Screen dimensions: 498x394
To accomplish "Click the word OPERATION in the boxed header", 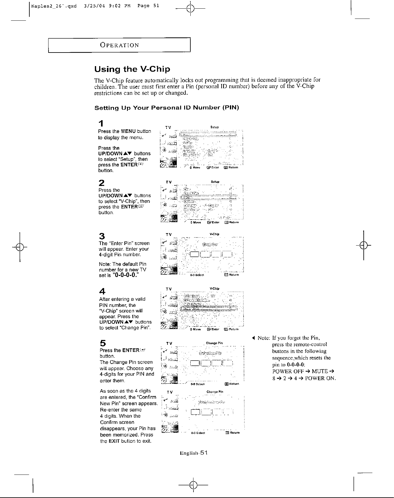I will (x=119, y=45).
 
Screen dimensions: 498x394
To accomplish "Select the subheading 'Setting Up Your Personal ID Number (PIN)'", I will (x=167, y=108).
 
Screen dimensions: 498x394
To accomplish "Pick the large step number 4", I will (x=102, y=291).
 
